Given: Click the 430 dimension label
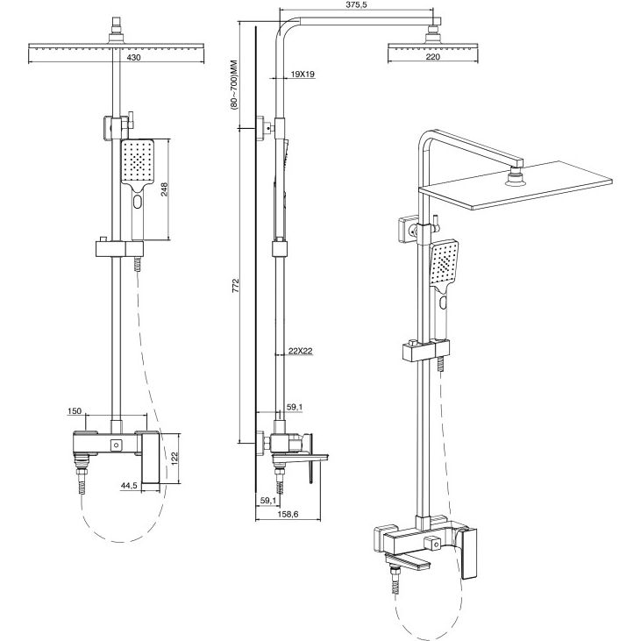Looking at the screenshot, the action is click(x=133, y=58).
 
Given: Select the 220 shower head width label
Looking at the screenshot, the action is click(x=432, y=57).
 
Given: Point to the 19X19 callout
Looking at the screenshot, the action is click(x=303, y=74).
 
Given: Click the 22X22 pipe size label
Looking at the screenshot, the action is click(x=301, y=351).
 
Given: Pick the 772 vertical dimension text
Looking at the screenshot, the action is click(x=236, y=285).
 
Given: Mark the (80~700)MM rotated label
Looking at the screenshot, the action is click(x=234, y=85).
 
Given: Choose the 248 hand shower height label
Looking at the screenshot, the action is click(x=164, y=189).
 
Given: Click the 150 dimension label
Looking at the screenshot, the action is click(x=75, y=411).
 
